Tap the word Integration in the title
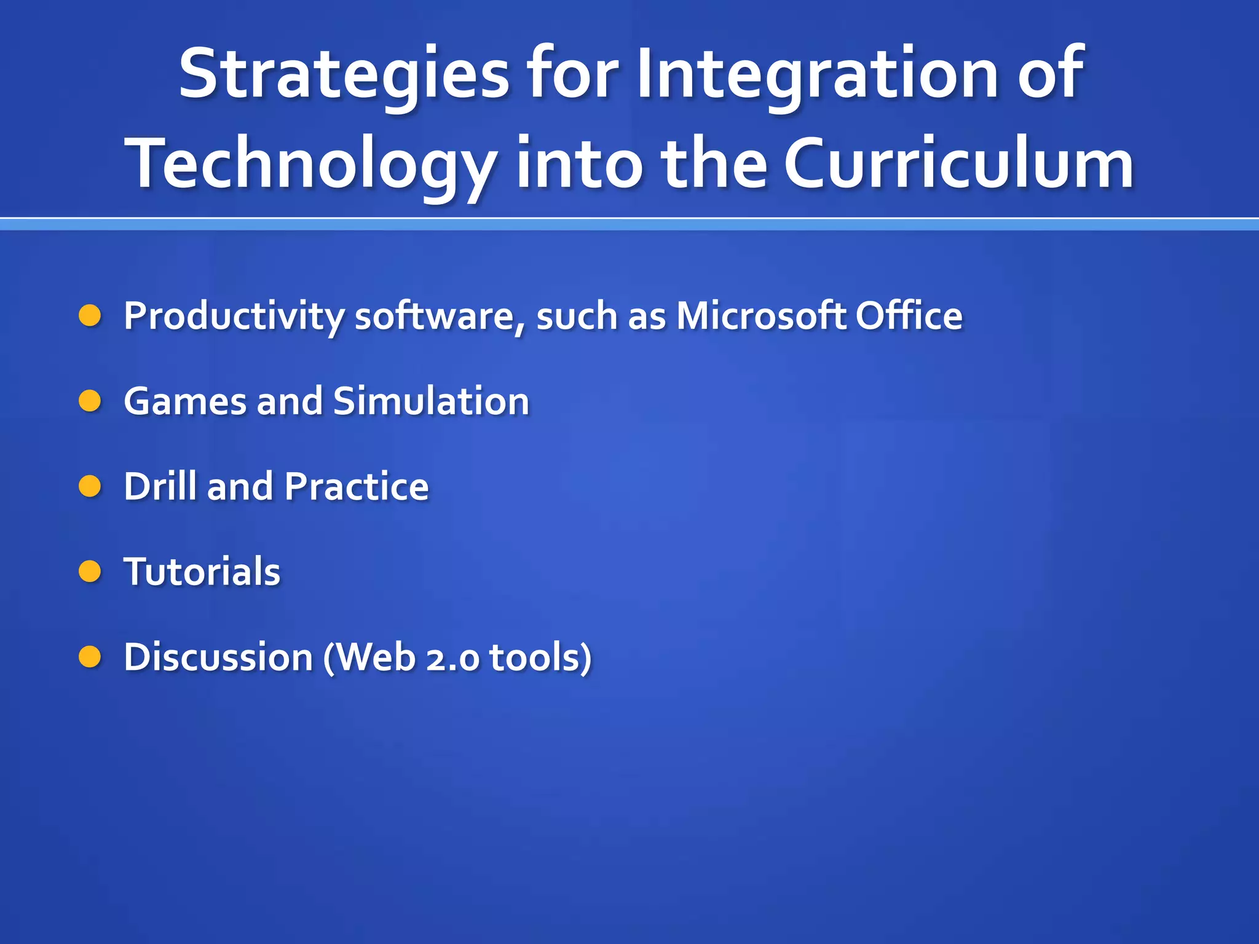pos(818,75)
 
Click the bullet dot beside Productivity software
pos(90,316)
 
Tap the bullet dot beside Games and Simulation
pos(90,401)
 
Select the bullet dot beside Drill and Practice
pos(90,487)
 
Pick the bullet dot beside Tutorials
pos(90,572)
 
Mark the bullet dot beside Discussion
pos(90,657)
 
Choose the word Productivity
pos(234,317)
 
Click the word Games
pos(184,401)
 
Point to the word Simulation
pos(430,401)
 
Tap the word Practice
pos(357,487)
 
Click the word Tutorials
pos(202,572)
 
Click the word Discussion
pos(218,657)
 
